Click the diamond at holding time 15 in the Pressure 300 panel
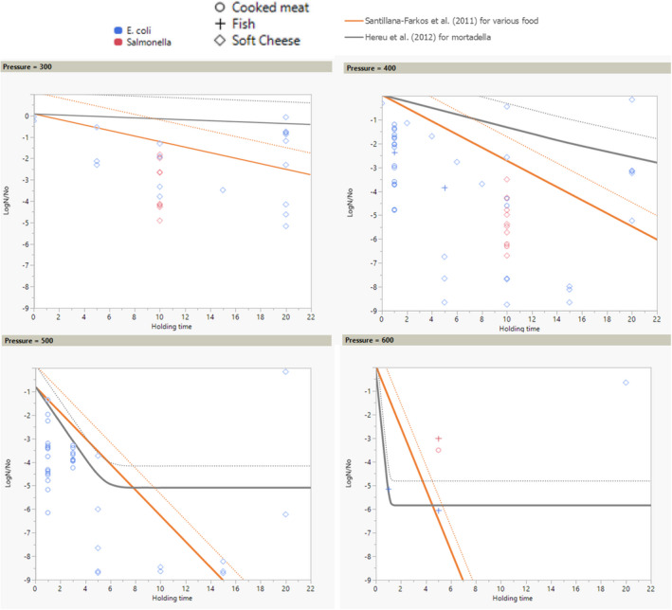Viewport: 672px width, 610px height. coord(223,190)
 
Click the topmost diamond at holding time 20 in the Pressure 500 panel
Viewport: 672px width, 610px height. coord(286,371)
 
